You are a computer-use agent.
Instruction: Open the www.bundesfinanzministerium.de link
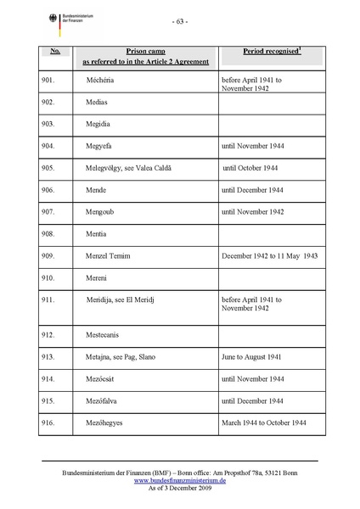179,479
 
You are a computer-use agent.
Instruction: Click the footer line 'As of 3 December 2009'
179,487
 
